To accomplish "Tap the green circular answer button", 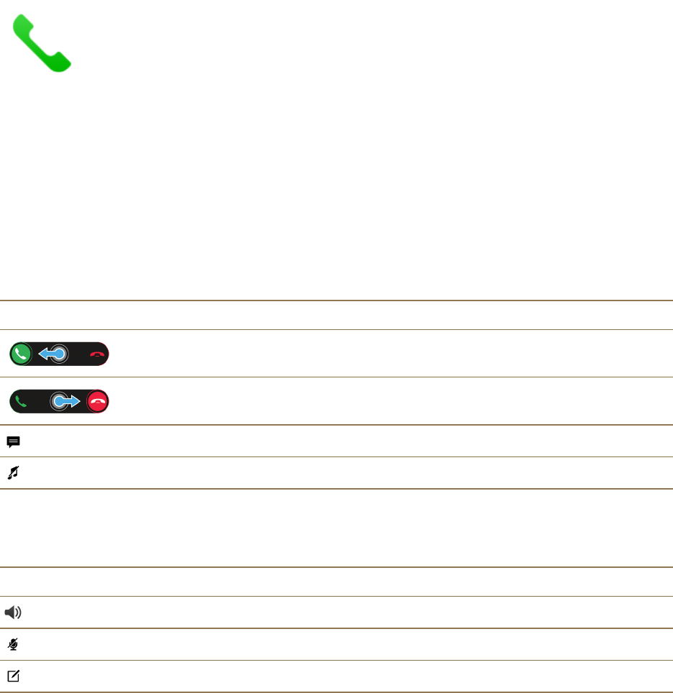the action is click(x=21, y=354).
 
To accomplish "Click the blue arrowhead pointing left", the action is click(x=42, y=354).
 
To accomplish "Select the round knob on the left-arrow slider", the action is click(x=60, y=354).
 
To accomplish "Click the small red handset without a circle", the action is click(x=98, y=354).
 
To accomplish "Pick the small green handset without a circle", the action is click(x=21, y=401).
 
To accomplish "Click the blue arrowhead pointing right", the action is click(x=75, y=401).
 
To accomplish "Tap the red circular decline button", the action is click(x=98, y=401).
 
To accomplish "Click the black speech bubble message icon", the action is click(x=13, y=442).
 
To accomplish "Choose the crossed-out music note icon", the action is click(x=13, y=473).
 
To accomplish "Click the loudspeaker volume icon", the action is click(x=14, y=612).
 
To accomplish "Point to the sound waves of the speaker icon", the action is click(x=19, y=612).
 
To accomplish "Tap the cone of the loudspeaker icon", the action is click(x=11, y=612).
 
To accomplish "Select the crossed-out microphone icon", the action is click(x=13, y=645).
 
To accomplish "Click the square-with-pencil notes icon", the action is click(x=13, y=676).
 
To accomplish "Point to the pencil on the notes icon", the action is click(x=16, y=674).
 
